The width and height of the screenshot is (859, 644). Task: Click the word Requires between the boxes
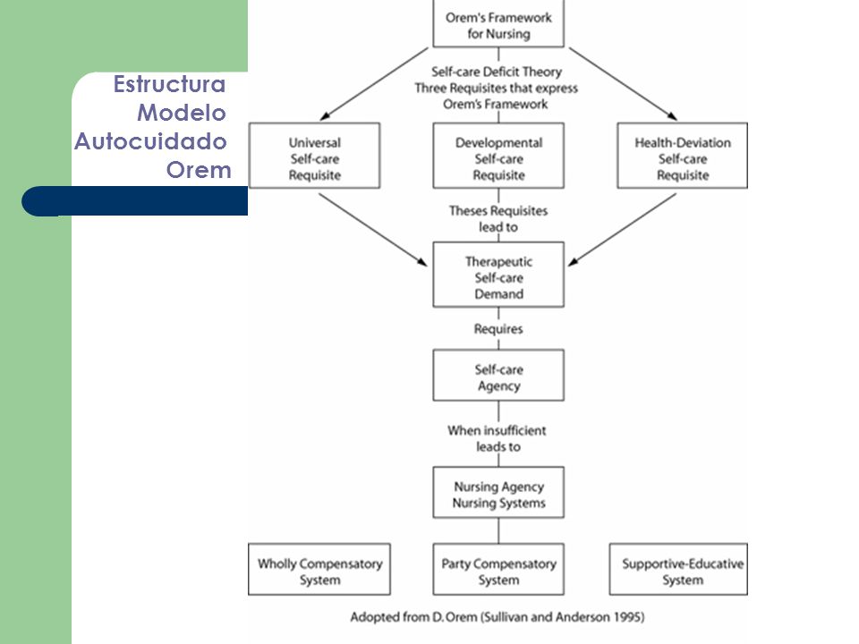[x=498, y=328]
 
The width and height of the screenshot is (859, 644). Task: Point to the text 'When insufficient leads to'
[x=497, y=438]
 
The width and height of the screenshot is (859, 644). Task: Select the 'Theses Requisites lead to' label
[x=498, y=218]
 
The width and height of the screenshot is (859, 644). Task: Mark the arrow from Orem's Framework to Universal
[x=374, y=84]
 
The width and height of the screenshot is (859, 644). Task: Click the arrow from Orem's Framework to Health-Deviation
[x=624, y=84]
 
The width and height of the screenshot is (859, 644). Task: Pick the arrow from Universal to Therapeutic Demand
[x=372, y=230]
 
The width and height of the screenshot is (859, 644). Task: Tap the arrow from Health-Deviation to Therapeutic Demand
[x=622, y=230]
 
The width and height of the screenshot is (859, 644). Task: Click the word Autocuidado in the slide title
[x=150, y=141]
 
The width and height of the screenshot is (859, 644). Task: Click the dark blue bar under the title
[x=135, y=201]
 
